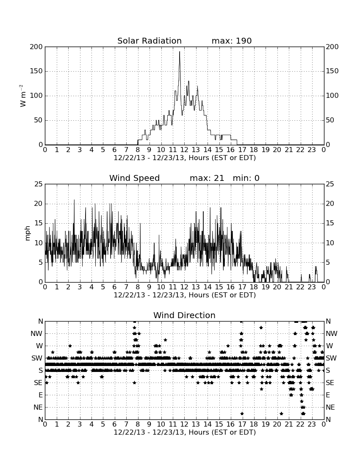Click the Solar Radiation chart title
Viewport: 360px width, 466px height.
150,41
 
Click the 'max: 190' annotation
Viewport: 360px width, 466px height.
232,41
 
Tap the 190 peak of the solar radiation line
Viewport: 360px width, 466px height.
180,52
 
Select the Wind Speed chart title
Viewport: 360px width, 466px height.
135,178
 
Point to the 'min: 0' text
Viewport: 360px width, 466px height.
246,178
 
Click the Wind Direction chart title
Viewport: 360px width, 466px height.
184,315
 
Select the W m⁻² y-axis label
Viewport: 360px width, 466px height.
23,96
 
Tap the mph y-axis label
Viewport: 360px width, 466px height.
28,233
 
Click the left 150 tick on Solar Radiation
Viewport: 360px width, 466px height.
36,71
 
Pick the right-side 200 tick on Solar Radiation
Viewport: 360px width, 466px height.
332,47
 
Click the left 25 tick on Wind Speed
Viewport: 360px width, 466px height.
39,184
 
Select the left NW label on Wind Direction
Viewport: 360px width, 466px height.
36,334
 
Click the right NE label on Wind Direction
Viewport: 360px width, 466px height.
330,407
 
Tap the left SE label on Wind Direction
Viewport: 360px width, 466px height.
38,383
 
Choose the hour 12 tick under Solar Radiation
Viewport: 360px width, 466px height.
184,150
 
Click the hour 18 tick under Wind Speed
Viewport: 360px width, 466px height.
254,287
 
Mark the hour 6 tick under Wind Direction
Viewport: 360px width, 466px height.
115,424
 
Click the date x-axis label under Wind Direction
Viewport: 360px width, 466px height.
185,432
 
